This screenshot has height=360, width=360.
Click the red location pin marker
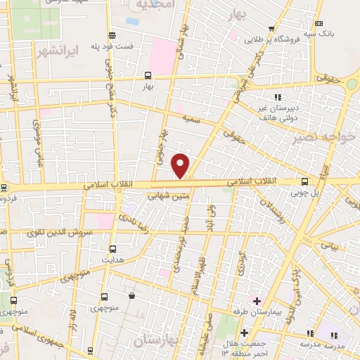point(181,165)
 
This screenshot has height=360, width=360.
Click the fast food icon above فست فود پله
point(112,35)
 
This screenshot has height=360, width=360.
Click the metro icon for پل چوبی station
point(304,181)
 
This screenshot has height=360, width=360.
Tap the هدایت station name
point(113,259)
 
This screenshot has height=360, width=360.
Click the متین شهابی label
point(167,198)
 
